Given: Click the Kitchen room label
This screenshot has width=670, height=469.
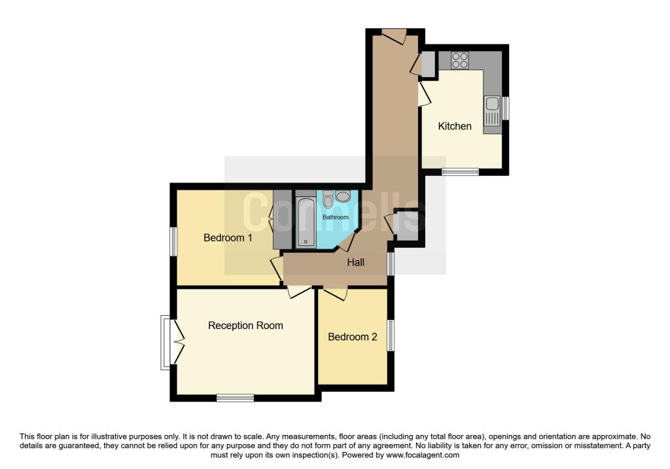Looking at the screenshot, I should click(x=454, y=126).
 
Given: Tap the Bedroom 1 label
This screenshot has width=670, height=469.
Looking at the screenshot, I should click(x=228, y=237).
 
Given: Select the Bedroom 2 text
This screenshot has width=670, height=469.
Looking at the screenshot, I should click(x=353, y=337).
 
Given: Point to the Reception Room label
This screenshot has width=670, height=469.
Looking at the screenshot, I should click(x=245, y=325).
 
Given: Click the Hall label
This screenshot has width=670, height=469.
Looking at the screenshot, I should click(x=355, y=262).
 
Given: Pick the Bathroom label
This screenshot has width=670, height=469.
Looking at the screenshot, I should click(x=335, y=217).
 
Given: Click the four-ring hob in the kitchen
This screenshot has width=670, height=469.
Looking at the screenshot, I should click(x=459, y=60).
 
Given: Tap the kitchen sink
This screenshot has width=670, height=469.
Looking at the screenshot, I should click(x=491, y=111).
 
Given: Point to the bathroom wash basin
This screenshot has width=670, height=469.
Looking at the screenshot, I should click(x=344, y=197).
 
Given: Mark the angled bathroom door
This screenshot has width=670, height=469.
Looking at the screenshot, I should click(x=345, y=243).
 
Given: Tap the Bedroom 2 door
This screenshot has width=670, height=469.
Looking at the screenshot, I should click(x=334, y=294).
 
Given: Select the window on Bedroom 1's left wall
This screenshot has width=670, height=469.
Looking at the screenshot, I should click(x=174, y=241).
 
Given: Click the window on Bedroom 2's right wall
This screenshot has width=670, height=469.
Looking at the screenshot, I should click(x=391, y=335).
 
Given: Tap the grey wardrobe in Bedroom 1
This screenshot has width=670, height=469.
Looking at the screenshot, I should click(x=282, y=219).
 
